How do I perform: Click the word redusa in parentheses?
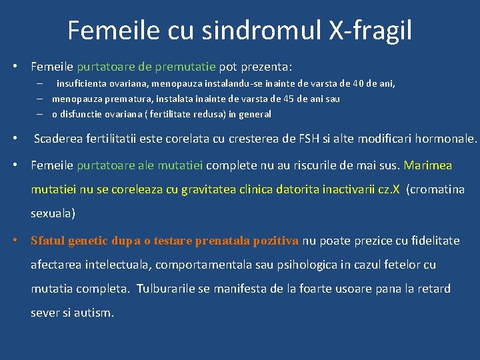(x=207, y=114)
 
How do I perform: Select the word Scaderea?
(x=60, y=139)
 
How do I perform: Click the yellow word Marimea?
(x=428, y=165)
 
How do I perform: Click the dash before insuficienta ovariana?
(x=41, y=84)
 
